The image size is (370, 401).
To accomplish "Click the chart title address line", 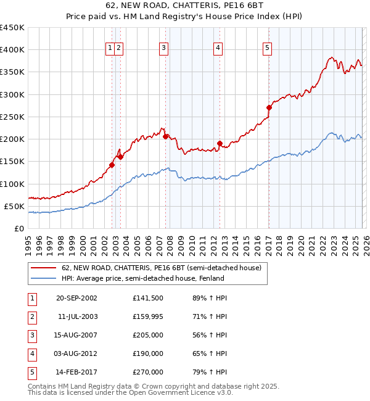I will [x=185, y=6].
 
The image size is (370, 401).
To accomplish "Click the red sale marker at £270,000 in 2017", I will [x=269, y=107].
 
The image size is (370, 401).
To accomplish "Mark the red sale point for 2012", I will [x=220, y=143].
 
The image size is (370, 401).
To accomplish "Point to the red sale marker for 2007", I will [x=165, y=136].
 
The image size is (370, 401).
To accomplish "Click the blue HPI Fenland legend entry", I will [x=142, y=278].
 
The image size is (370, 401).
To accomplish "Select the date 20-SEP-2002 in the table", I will [x=76, y=298].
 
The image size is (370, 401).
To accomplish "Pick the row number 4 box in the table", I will [x=31, y=353].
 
